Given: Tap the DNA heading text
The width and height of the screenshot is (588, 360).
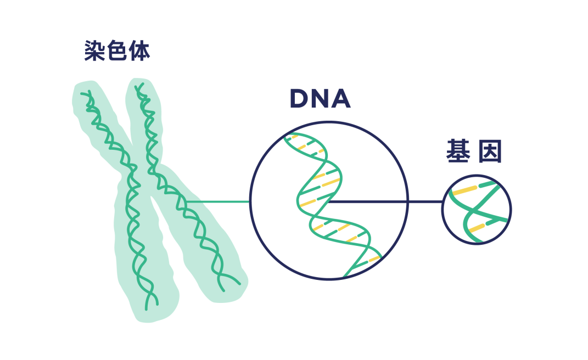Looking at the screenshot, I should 320,99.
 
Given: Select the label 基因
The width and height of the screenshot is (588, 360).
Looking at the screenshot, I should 474,153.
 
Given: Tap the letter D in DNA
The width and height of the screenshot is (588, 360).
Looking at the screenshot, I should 300,99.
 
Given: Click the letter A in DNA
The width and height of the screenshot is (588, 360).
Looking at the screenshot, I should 340,99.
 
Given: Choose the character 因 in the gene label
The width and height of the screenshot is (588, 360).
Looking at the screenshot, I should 490,153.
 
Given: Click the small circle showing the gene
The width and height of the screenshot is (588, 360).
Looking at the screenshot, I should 477,209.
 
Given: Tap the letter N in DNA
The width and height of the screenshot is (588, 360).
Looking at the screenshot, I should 320,99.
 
